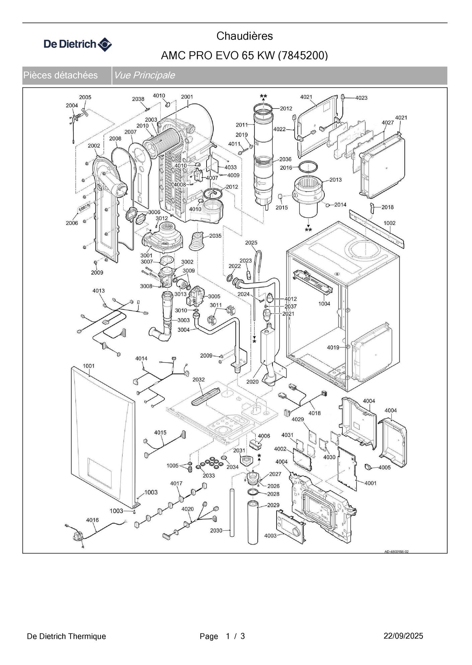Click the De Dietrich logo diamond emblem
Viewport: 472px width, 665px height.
pyautogui.click(x=105, y=45)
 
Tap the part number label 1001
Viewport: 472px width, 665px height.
pyautogui.click(x=89, y=366)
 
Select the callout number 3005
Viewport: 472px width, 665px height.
pyautogui.click(x=214, y=296)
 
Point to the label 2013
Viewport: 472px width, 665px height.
pyautogui.click(x=335, y=180)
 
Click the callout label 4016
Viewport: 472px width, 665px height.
pyautogui.click(x=92, y=520)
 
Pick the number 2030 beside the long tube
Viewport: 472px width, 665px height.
pyautogui.click(x=216, y=530)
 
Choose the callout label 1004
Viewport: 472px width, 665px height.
pyautogui.click(x=324, y=304)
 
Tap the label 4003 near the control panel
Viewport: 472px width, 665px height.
pyautogui.click(x=270, y=536)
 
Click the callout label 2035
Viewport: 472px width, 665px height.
pyautogui.click(x=216, y=236)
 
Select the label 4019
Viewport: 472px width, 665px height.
pyautogui.click(x=333, y=348)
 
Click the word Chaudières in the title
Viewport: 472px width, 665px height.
pyautogui.click(x=244, y=36)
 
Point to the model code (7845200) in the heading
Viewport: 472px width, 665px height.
pyautogui.click(x=303, y=55)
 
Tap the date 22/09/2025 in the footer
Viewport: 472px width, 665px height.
pyautogui.click(x=403, y=636)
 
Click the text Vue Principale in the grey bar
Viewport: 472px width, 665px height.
pyautogui.click(x=144, y=75)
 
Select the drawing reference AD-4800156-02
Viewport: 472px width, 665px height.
pyautogui.click(x=396, y=552)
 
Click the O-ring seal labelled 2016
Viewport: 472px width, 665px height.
pyautogui.click(x=308, y=166)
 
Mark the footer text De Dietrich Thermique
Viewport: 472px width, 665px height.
pyautogui.click(x=66, y=636)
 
